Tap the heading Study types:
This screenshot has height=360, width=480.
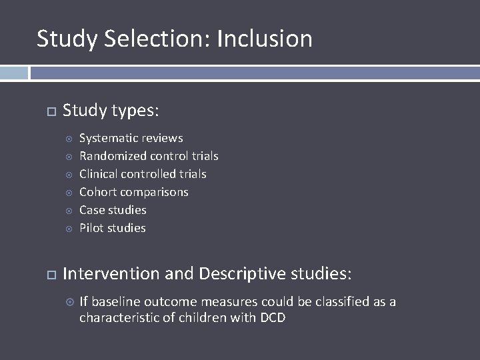(x=111, y=110)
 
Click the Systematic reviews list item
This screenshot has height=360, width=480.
(x=131, y=138)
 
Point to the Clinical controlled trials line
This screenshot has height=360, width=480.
(x=143, y=174)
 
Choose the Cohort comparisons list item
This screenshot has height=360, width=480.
(x=133, y=192)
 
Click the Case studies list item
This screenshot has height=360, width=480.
(x=113, y=210)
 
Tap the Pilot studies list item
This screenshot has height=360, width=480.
(x=112, y=228)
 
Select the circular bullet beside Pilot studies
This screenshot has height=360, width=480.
(x=69, y=229)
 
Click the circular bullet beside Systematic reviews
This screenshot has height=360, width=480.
(x=69, y=139)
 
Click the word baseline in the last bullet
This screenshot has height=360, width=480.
(x=114, y=302)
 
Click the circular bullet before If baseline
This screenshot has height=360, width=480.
(x=69, y=303)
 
